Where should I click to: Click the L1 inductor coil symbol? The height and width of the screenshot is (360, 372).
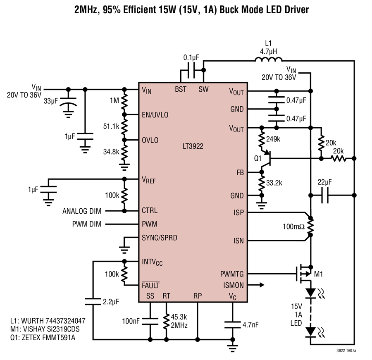point(269,60)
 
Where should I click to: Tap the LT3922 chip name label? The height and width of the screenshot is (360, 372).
point(193,146)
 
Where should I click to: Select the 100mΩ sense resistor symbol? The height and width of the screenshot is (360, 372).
point(310,227)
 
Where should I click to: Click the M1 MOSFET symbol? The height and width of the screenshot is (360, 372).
point(304,274)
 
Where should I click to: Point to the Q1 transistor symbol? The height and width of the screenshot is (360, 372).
point(266,159)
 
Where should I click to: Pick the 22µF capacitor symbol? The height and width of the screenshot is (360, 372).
point(325,195)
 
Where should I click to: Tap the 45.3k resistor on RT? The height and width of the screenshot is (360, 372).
point(166,321)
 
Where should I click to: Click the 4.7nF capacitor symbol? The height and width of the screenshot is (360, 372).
point(232,325)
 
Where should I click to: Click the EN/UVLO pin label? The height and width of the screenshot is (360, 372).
point(155,115)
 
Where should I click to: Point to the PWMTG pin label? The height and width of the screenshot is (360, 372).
point(232,274)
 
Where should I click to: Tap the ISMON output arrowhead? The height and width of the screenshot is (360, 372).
point(262,285)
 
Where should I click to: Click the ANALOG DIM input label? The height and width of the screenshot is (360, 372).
point(82,211)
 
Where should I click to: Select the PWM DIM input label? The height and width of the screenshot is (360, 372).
point(87,224)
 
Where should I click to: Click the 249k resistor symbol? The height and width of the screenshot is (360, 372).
point(262,139)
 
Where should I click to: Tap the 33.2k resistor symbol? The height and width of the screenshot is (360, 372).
point(262,184)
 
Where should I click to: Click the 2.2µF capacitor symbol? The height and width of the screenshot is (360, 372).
point(93,302)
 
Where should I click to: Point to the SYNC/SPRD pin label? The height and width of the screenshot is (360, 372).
point(160,238)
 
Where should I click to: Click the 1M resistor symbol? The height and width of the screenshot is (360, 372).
point(124,102)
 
